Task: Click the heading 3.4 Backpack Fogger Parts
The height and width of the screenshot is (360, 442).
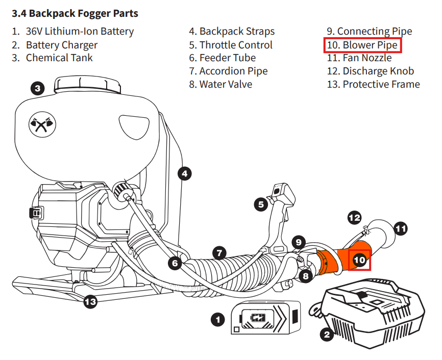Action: pos(75,13)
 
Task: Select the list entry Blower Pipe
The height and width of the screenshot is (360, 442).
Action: pos(363,45)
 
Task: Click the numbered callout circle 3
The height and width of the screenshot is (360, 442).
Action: pos(37,89)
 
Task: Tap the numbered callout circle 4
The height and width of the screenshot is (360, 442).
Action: pos(185,173)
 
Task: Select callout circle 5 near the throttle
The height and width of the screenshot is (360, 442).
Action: pos(261,205)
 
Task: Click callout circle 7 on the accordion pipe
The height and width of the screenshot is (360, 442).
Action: pos(219,252)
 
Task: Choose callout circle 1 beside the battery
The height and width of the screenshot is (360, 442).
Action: pos(218,320)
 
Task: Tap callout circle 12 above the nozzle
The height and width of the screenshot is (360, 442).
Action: pos(354,217)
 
